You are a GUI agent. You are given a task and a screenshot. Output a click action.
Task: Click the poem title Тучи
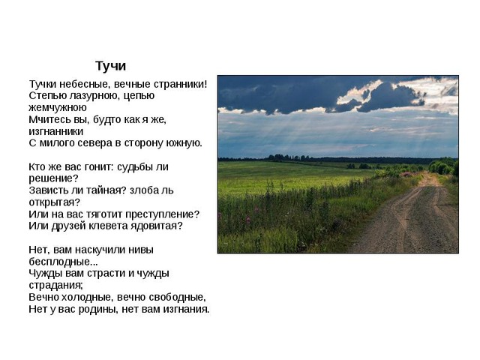(x=110, y=66)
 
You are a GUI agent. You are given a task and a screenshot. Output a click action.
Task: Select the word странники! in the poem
(x=181, y=84)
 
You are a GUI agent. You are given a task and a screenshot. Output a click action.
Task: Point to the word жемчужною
(x=58, y=108)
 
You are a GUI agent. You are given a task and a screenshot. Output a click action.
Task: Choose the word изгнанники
(x=56, y=131)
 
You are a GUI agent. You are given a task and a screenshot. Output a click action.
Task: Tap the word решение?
(x=53, y=178)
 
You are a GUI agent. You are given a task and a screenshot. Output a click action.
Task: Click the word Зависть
(x=47, y=190)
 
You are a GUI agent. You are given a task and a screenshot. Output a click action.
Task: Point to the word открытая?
(x=55, y=202)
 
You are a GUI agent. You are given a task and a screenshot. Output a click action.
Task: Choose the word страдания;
(x=55, y=286)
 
